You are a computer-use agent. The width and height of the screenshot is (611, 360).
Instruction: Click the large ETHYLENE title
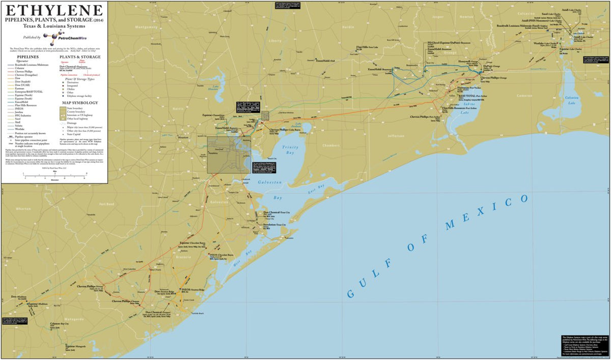53,11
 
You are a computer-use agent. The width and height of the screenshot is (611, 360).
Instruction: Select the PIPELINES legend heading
27,58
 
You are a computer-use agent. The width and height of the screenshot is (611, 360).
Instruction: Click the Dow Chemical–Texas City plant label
276,212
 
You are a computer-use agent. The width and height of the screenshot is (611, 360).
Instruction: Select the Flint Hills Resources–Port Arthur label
455,108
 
